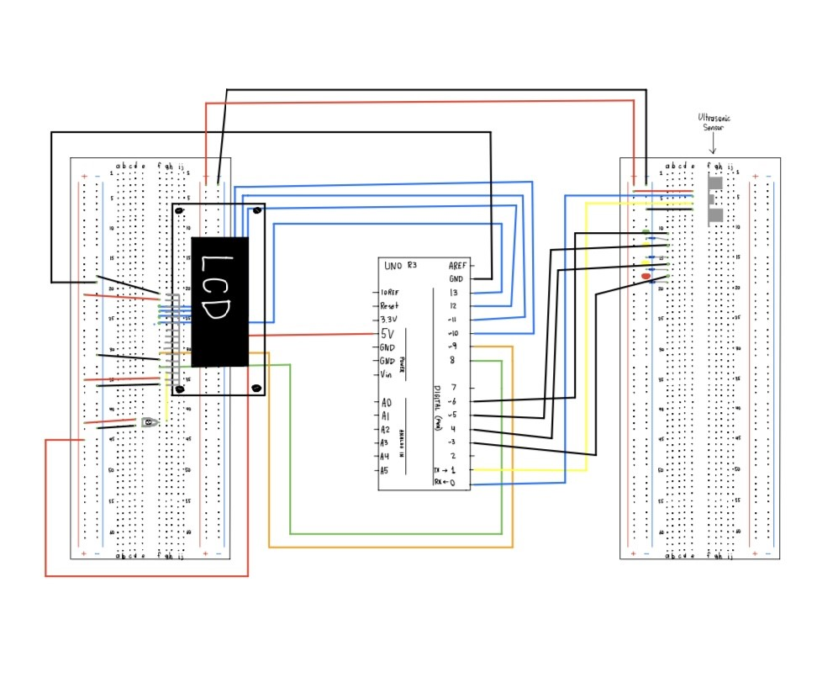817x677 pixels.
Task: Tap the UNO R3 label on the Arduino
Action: point(400,266)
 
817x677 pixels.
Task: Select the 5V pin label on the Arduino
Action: point(388,333)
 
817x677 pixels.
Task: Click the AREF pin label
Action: point(457,265)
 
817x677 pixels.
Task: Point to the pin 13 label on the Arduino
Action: point(454,293)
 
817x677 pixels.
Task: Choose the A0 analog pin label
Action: point(386,403)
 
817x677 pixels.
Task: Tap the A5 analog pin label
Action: point(386,471)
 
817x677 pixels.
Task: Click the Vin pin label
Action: point(387,374)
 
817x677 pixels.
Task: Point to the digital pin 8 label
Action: point(452,361)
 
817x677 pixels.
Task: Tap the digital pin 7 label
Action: point(452,388)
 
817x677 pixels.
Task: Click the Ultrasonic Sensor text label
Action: point(714,123)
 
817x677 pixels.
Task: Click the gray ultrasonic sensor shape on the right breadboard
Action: point(715,199)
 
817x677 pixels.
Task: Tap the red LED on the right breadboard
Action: point(646,276)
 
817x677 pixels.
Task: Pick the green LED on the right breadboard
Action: point(645,232)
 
